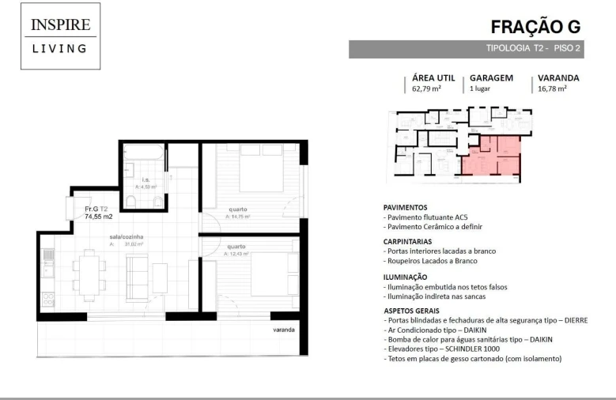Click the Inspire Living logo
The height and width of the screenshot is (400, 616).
click(59, 36)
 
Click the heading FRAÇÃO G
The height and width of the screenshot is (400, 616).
click(535, 26)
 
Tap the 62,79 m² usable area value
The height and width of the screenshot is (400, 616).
click(426, 89)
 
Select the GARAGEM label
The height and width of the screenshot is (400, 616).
click(491, 78)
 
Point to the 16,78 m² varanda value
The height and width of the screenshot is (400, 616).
click(552, 89)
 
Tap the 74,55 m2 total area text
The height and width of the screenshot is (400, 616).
click(99, 216)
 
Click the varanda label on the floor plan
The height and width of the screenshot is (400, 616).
click(284, 329)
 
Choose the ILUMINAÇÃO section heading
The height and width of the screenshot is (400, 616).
click(406, 277)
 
